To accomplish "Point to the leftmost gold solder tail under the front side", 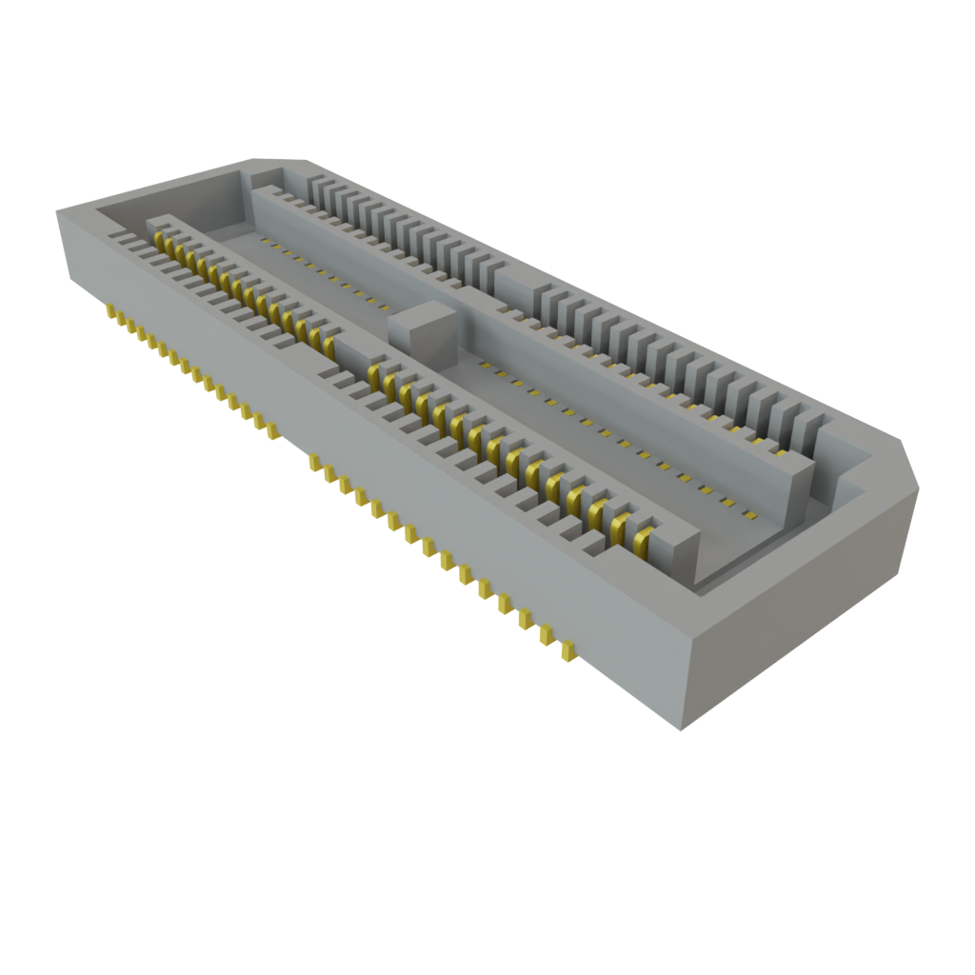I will tap(111, 313).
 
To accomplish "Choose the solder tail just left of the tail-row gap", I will tap(273, 430).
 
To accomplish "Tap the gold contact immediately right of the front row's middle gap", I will tap(374, 368).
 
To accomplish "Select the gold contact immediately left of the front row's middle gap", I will tap(329, 344).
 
